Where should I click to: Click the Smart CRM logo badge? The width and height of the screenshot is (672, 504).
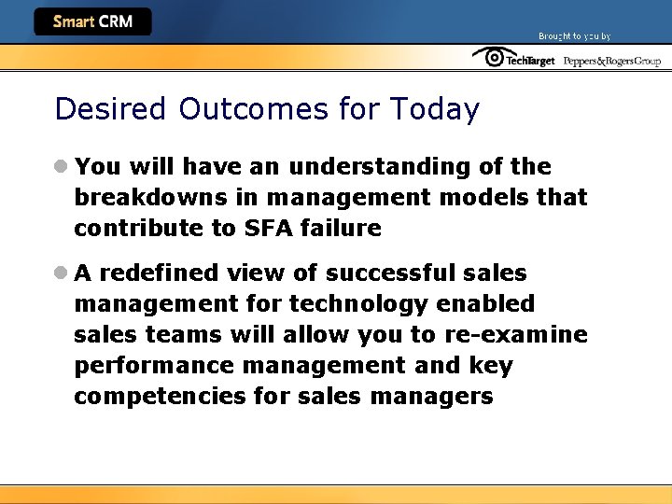click(x=92, y=21)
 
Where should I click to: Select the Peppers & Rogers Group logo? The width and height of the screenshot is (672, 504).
click(x=611, y=61)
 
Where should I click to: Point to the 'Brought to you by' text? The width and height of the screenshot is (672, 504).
click(x=574, y=36)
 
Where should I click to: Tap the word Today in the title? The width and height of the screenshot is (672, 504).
click(x=434, y=109)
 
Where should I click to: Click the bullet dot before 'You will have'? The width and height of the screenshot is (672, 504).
click(x=61, y=167)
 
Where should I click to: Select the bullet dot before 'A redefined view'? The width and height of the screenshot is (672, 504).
click(x=61, y=273)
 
